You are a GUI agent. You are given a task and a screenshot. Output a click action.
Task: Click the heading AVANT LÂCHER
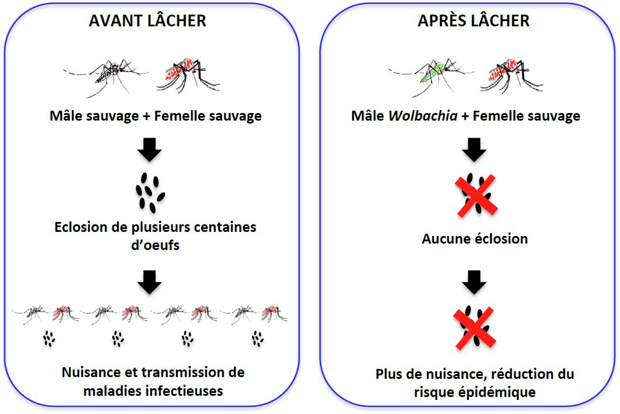tap(147, 21)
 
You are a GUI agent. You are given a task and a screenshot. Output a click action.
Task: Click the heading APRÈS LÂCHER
tap(473, 21)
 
